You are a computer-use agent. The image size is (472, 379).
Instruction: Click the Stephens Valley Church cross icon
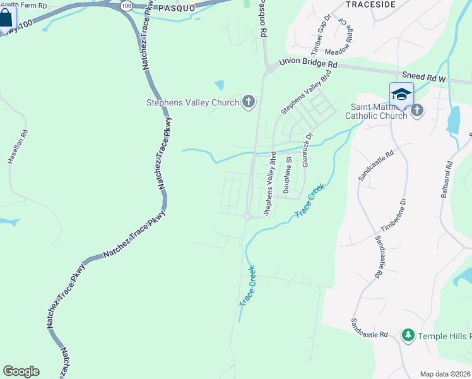click(x=249, y=102)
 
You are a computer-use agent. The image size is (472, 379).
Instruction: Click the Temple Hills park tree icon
click(x=408, y=335)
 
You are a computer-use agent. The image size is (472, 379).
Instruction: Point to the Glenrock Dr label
click(x=307, y=148)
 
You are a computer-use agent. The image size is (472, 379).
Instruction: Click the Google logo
click(x=21, y=371)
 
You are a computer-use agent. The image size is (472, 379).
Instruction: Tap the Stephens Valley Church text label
click(x=192, y=102)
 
